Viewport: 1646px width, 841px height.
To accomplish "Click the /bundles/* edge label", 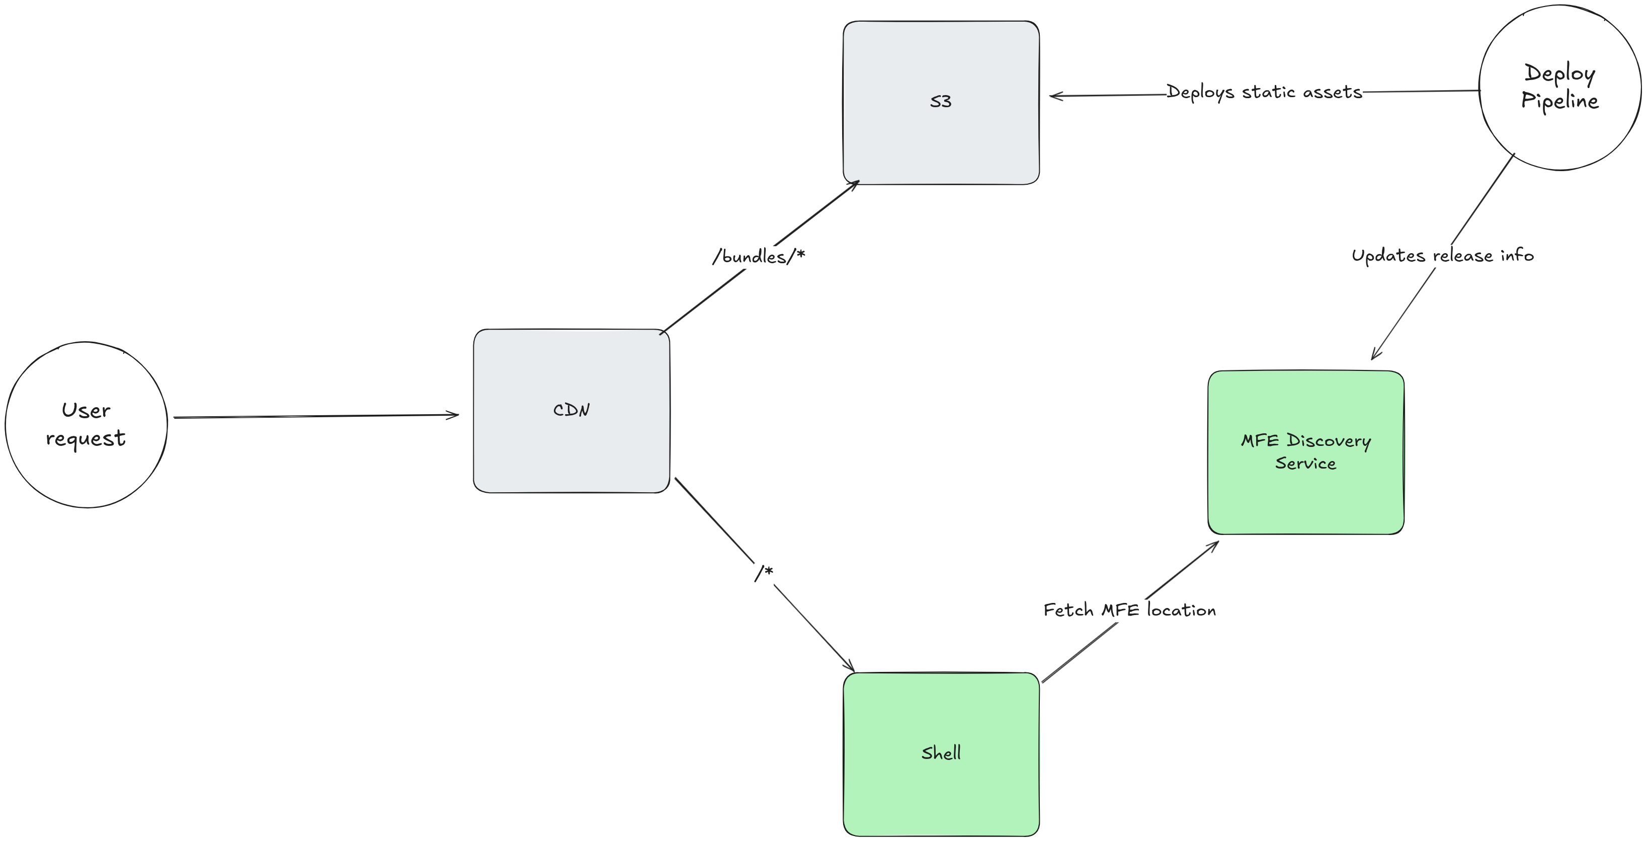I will click(x=759, y=257).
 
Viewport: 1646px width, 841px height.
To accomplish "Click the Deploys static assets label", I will click(x=1264, y=92).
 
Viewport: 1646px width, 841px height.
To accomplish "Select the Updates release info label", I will click(x=1442, y=256).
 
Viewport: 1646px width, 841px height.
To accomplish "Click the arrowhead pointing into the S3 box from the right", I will click(x=1053, y=96).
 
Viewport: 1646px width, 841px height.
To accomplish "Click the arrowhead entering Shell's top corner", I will click(x=851, y=668).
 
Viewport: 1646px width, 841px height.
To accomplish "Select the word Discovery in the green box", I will click(x=1329, y=441).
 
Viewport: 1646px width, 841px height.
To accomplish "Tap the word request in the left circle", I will click(x=86, y=439).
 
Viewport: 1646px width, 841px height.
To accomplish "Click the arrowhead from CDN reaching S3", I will click(x=856, y=183).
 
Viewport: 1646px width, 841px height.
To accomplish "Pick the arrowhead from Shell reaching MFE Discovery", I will click(x=1215, y=544).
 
